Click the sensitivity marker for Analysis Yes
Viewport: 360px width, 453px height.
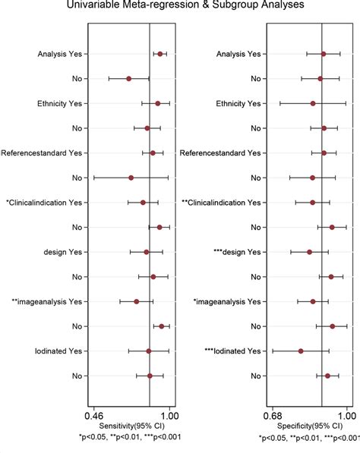(159, 54)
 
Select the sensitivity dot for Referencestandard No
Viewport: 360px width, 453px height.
(131, 178)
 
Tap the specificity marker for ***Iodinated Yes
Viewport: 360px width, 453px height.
(301, 351)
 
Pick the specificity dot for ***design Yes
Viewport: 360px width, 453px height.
(309, 251)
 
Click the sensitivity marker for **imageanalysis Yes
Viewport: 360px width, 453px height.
(137, 301)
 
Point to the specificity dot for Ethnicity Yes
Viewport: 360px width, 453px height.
(313, 103)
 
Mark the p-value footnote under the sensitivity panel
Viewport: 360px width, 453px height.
(130, 438)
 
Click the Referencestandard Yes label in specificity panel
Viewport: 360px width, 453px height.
(219, 153)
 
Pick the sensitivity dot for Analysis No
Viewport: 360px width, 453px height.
(129, 78)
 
